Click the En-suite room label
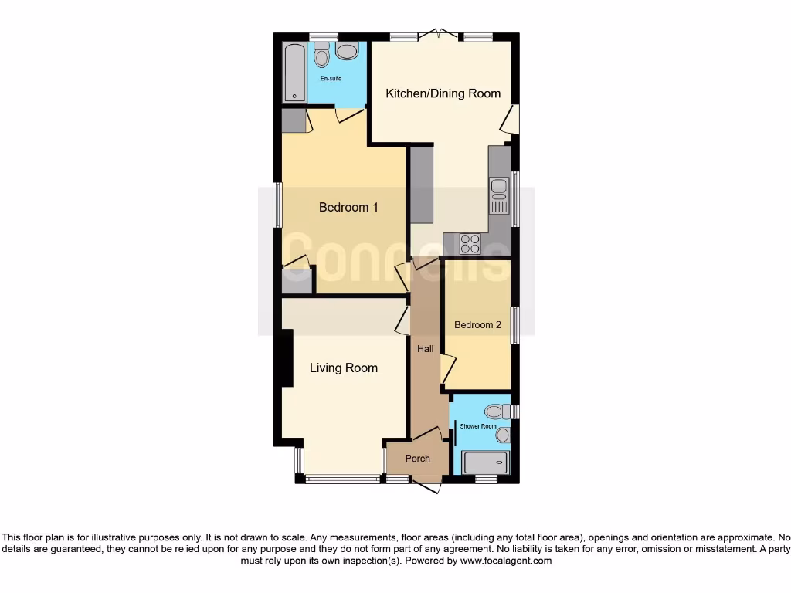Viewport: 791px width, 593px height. coord(331,79)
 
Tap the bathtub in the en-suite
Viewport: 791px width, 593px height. coord(294,73)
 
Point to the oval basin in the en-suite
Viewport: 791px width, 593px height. coord(348,52)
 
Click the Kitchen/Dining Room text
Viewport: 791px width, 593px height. coord(443,93)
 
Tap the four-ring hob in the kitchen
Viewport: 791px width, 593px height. coord(470,243)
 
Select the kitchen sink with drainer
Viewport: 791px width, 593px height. coord(499,195)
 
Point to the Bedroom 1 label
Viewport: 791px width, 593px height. coord(348,207)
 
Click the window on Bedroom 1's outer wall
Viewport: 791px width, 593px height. coord(277,205)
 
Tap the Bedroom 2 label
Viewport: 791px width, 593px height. coord(477,325)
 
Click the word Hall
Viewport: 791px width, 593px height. coord(425,349)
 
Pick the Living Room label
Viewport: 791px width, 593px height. coord(344,368)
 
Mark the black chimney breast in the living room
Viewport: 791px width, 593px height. coord(287,358)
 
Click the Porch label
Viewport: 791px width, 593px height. coord(418,459)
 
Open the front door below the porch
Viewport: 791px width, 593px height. coord(426,484)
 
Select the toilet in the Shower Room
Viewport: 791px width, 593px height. coord(494,411)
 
